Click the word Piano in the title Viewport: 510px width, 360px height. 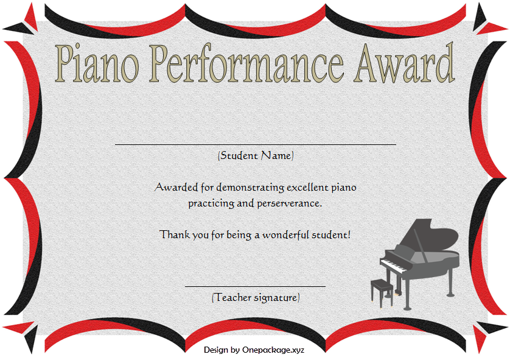(97, 63)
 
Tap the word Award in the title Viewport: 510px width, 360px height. (404, 62)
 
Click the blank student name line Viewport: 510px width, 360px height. (256, 144)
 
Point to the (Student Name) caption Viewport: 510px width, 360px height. (256, 155)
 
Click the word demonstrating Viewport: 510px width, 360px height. (250, 188)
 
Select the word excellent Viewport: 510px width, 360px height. (307, 188)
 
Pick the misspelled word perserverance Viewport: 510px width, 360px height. (290, 204)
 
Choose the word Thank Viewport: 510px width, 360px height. (175, 235)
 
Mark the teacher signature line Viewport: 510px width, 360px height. (256, 286)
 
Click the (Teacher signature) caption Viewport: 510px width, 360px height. (256, 297)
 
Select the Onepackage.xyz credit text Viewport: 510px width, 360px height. (273, 350)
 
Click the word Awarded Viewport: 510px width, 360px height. (176, 188)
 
